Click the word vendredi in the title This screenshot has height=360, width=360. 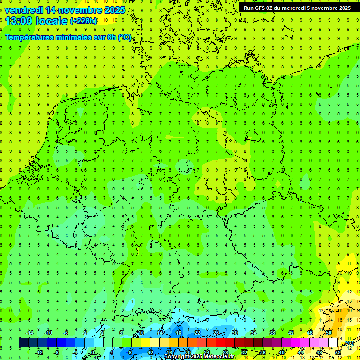23,10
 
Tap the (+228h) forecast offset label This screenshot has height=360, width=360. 83,21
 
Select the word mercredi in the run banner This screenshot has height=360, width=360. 297,8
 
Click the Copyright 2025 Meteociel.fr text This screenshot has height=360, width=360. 199,357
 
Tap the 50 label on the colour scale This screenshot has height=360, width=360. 329,333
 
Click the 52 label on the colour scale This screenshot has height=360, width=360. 338,352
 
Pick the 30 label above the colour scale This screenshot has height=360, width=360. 234,333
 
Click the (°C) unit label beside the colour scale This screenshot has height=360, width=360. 349,343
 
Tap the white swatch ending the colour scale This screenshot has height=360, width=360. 333,343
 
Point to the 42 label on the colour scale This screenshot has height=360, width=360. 291,333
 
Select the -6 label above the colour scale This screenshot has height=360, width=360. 66,333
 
